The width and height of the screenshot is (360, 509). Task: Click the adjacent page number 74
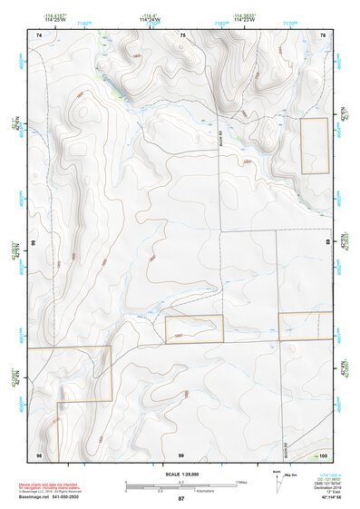(x=39, y=34)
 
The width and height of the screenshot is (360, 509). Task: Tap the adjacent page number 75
(x=182, y=34)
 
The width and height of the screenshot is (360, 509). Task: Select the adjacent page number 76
(x=322, y=34)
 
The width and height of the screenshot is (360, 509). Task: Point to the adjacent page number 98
(x=39, y=454)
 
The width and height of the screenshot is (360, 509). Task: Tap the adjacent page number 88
(x=327, y=243)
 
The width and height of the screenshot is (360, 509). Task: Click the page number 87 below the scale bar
(x=180, y=498)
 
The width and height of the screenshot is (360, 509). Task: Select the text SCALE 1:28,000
(x=180, y=475)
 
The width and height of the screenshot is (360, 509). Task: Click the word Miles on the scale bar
(x=242, y=481)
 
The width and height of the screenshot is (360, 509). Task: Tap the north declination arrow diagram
(x=277, y=479)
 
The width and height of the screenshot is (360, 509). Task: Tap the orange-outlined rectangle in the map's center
(x=194, y=329)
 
